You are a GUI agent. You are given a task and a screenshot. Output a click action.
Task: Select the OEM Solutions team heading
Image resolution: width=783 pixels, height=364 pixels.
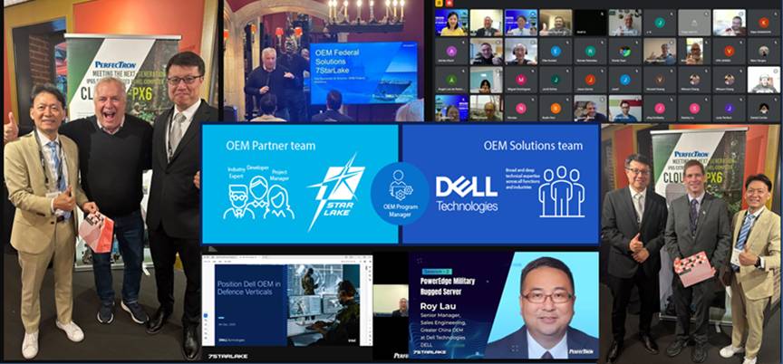[533, 144]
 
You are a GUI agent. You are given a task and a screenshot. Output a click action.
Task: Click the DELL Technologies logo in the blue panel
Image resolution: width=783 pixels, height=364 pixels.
[466, 193]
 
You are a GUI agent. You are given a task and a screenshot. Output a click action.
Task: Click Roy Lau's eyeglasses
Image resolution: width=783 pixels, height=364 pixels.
[546, 295]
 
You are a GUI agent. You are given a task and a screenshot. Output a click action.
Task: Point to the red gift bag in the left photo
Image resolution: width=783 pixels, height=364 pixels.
[98, 230]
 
